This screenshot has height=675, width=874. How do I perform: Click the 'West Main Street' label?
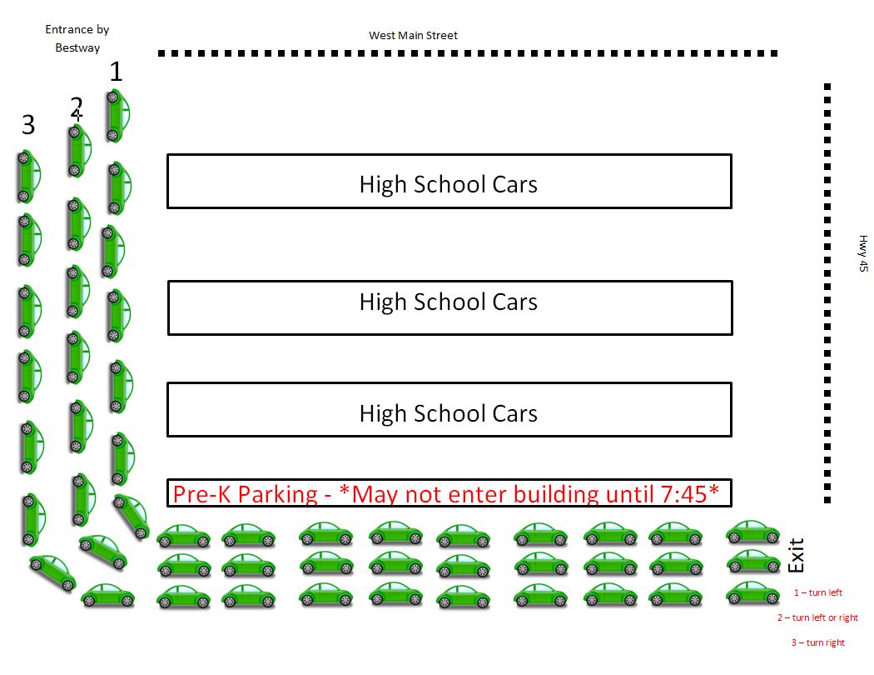(x=413, y=36)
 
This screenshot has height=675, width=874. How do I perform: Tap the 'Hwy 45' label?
(x=863, y=253)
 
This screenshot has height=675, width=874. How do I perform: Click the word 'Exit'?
(x=797, y=556)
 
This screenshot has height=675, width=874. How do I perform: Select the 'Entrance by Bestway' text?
(x=77, y=38)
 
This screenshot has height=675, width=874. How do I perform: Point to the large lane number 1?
(x=116, y=72)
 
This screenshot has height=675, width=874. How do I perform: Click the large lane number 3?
(x=28, y=125)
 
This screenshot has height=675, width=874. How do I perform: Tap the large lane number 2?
(x=77, y=107)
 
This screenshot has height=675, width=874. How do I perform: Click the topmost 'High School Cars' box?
(x=449, y=182)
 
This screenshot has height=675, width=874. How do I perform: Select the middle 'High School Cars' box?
(x=449, y=307)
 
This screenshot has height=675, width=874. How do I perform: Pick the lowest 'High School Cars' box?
(x=449, y=409)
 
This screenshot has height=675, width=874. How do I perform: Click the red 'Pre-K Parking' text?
(x=246, y=494)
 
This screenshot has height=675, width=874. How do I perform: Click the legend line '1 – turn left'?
(x=817, y=592)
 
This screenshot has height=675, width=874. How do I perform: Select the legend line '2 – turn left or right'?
(x=817, y=617)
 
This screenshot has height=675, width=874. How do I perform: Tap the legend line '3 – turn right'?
(x=817, y=642)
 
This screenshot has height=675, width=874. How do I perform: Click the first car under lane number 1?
(x=117, y=115)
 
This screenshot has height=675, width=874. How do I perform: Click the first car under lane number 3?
(x=27, y=176)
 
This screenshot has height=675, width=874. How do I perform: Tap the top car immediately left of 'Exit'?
(x=752, y=532)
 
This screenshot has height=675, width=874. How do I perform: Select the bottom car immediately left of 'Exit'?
(x=752, y=593)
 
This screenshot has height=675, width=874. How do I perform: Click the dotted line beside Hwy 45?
(x=827, y=292)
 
